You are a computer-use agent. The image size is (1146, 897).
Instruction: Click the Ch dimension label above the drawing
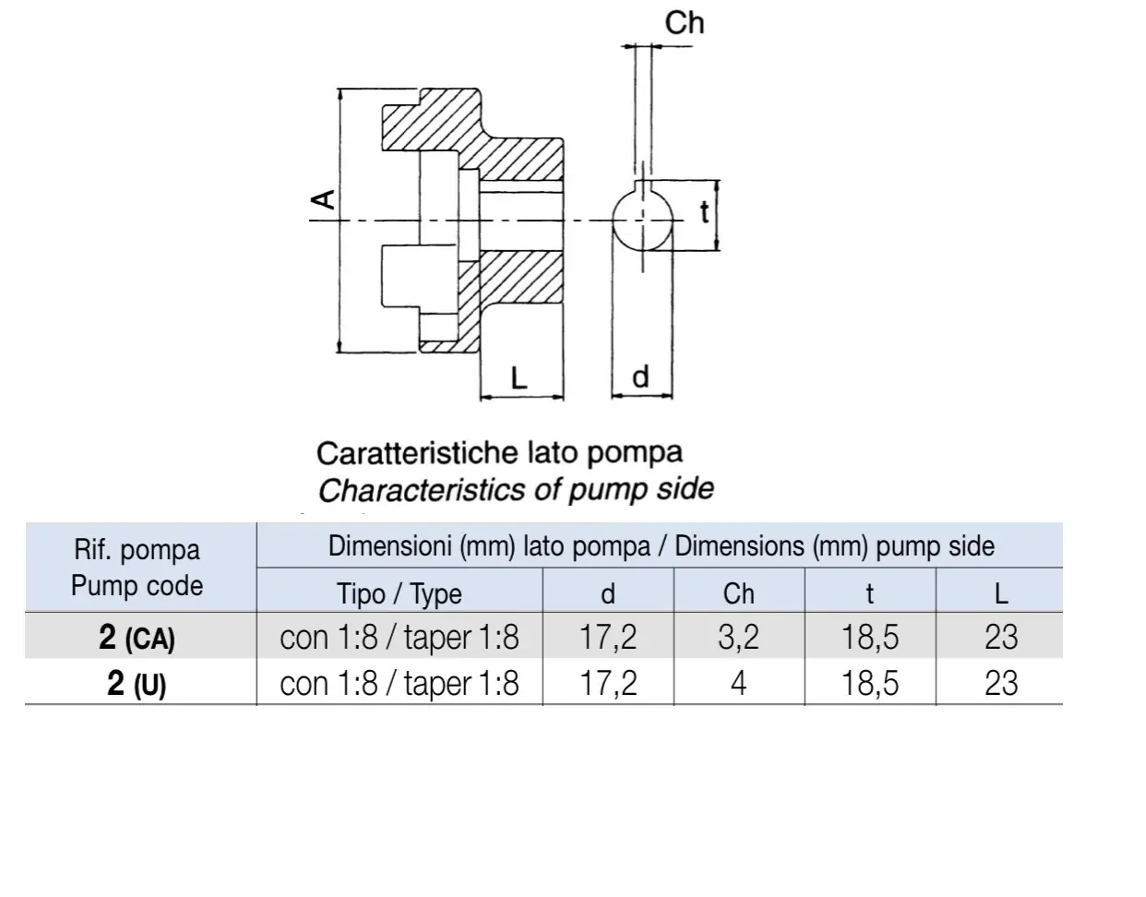[x=684, y=23]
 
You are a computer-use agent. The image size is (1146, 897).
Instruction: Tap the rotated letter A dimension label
[x=323, y=199]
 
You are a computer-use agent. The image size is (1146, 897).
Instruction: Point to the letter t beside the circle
[x=704, y=212]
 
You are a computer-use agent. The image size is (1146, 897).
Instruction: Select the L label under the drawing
[x=519, y=377]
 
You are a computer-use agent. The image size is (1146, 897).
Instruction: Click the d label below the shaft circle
[x=640, y=377]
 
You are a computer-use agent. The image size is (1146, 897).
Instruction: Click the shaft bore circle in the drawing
[x=613, y=221]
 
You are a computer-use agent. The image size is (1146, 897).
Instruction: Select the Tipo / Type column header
[x=400, y=593]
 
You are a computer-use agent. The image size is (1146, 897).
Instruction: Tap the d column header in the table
[x=607, y=593]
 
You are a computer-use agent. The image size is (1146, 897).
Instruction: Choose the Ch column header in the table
[x=738, y=593]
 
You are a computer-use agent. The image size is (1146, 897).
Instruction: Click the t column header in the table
[x=870, y=593]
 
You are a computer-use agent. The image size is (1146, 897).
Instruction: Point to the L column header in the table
[x=1001, y=593]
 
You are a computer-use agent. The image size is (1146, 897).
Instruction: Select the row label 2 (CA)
[x=137, y=638]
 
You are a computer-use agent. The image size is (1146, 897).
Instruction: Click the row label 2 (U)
[x=137, y=684]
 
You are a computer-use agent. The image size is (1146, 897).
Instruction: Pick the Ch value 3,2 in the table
[x=738, y=637]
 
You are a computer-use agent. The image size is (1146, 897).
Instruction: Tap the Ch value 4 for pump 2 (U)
[x=738, y=684]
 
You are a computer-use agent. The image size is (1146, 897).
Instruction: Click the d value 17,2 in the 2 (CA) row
[x=607, y=637]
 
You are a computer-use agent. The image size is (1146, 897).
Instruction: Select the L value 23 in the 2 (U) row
[x=1001, y=684]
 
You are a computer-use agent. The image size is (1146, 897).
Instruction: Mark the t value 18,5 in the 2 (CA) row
[x=870, y=637]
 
